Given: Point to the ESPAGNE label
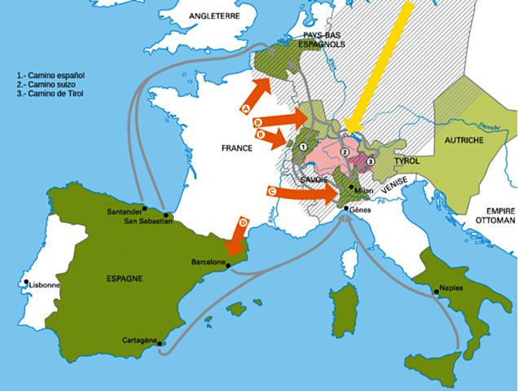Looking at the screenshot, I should [125, 278].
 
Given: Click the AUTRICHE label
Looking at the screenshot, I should [464, 141].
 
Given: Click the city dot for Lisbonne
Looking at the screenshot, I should [28, 283].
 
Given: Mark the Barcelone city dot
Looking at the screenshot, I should [228, 265].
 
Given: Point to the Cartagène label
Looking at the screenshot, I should [138, 340].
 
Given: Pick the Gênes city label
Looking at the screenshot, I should [362, 209].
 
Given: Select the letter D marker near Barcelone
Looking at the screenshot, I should [242, 222].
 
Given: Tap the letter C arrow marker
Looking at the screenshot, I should [271, 191].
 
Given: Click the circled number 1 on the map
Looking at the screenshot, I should [303, 147].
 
